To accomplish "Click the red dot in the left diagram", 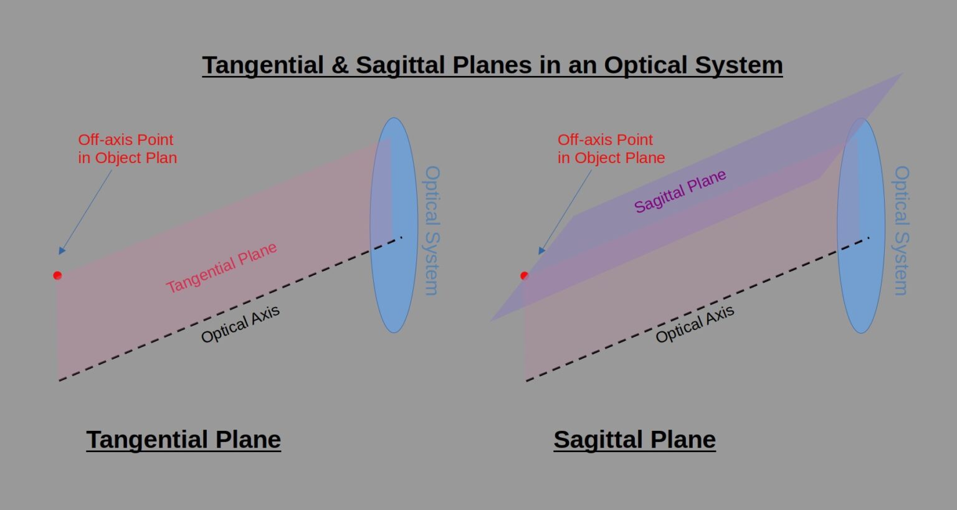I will pyautogui.click(x=57, y=275).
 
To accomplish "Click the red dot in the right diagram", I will pyautogui.click(x=525, y=275).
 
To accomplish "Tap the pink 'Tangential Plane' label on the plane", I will pyautogui.click(x=221, y=268).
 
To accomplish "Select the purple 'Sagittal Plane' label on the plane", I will pyautogui.click(x=680, y=191).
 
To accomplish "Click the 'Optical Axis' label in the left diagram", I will pyautogui.click(x=240, y=324).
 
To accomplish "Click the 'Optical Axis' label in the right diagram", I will pyautogui.click(x=695, y=324).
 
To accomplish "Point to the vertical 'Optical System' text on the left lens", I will pyautogui.click(x=432, y=230).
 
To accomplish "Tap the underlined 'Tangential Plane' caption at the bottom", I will pyautogui.click(x=183, y=440).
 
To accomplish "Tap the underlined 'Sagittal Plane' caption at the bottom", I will pyautogui.click(x=634, y=440).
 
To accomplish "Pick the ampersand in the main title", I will pyautogui.click(x=340, y=65).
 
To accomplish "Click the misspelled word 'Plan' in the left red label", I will pyautogui.click(x=161, y=158).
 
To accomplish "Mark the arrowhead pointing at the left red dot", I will pyautogui.click(x=62, y=250).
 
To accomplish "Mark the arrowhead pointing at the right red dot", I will pyautogui.click(x=541, y=250).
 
